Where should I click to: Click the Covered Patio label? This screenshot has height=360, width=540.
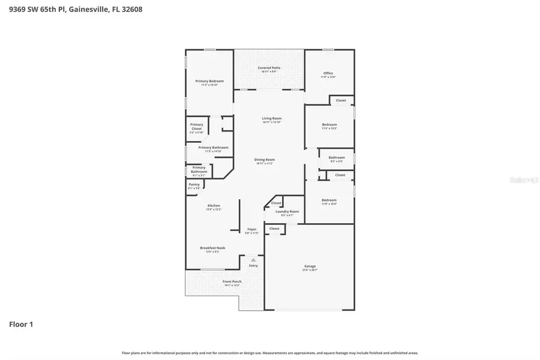click(269, 68)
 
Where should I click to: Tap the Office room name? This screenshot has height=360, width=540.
click(328, 73)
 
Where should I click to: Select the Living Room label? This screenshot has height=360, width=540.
click(271, 118)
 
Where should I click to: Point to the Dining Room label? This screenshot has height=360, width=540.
click(265, 159)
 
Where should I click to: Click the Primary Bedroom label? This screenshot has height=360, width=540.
click(209, 81)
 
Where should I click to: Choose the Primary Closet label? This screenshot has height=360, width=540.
click(197, 127)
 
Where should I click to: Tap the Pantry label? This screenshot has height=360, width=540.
click(194, 184)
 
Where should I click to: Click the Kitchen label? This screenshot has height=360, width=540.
click(214, 206)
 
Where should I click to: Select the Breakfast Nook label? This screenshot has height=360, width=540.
click(212, 248)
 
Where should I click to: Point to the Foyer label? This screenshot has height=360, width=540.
click(252, 229)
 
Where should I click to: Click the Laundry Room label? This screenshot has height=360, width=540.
click(287, 211)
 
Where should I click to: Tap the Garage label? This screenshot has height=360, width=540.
click(310, 266)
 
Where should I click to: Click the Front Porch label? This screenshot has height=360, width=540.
click(232, 281)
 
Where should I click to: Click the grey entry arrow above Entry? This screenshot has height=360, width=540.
click(253, 260)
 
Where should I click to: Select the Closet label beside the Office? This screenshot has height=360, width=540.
click(341, 100)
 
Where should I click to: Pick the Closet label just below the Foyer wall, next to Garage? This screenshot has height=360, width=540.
click(274, 229)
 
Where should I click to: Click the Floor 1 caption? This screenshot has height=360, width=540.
click(21, 325)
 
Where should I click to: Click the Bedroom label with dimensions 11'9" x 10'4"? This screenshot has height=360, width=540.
click(329, 200)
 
